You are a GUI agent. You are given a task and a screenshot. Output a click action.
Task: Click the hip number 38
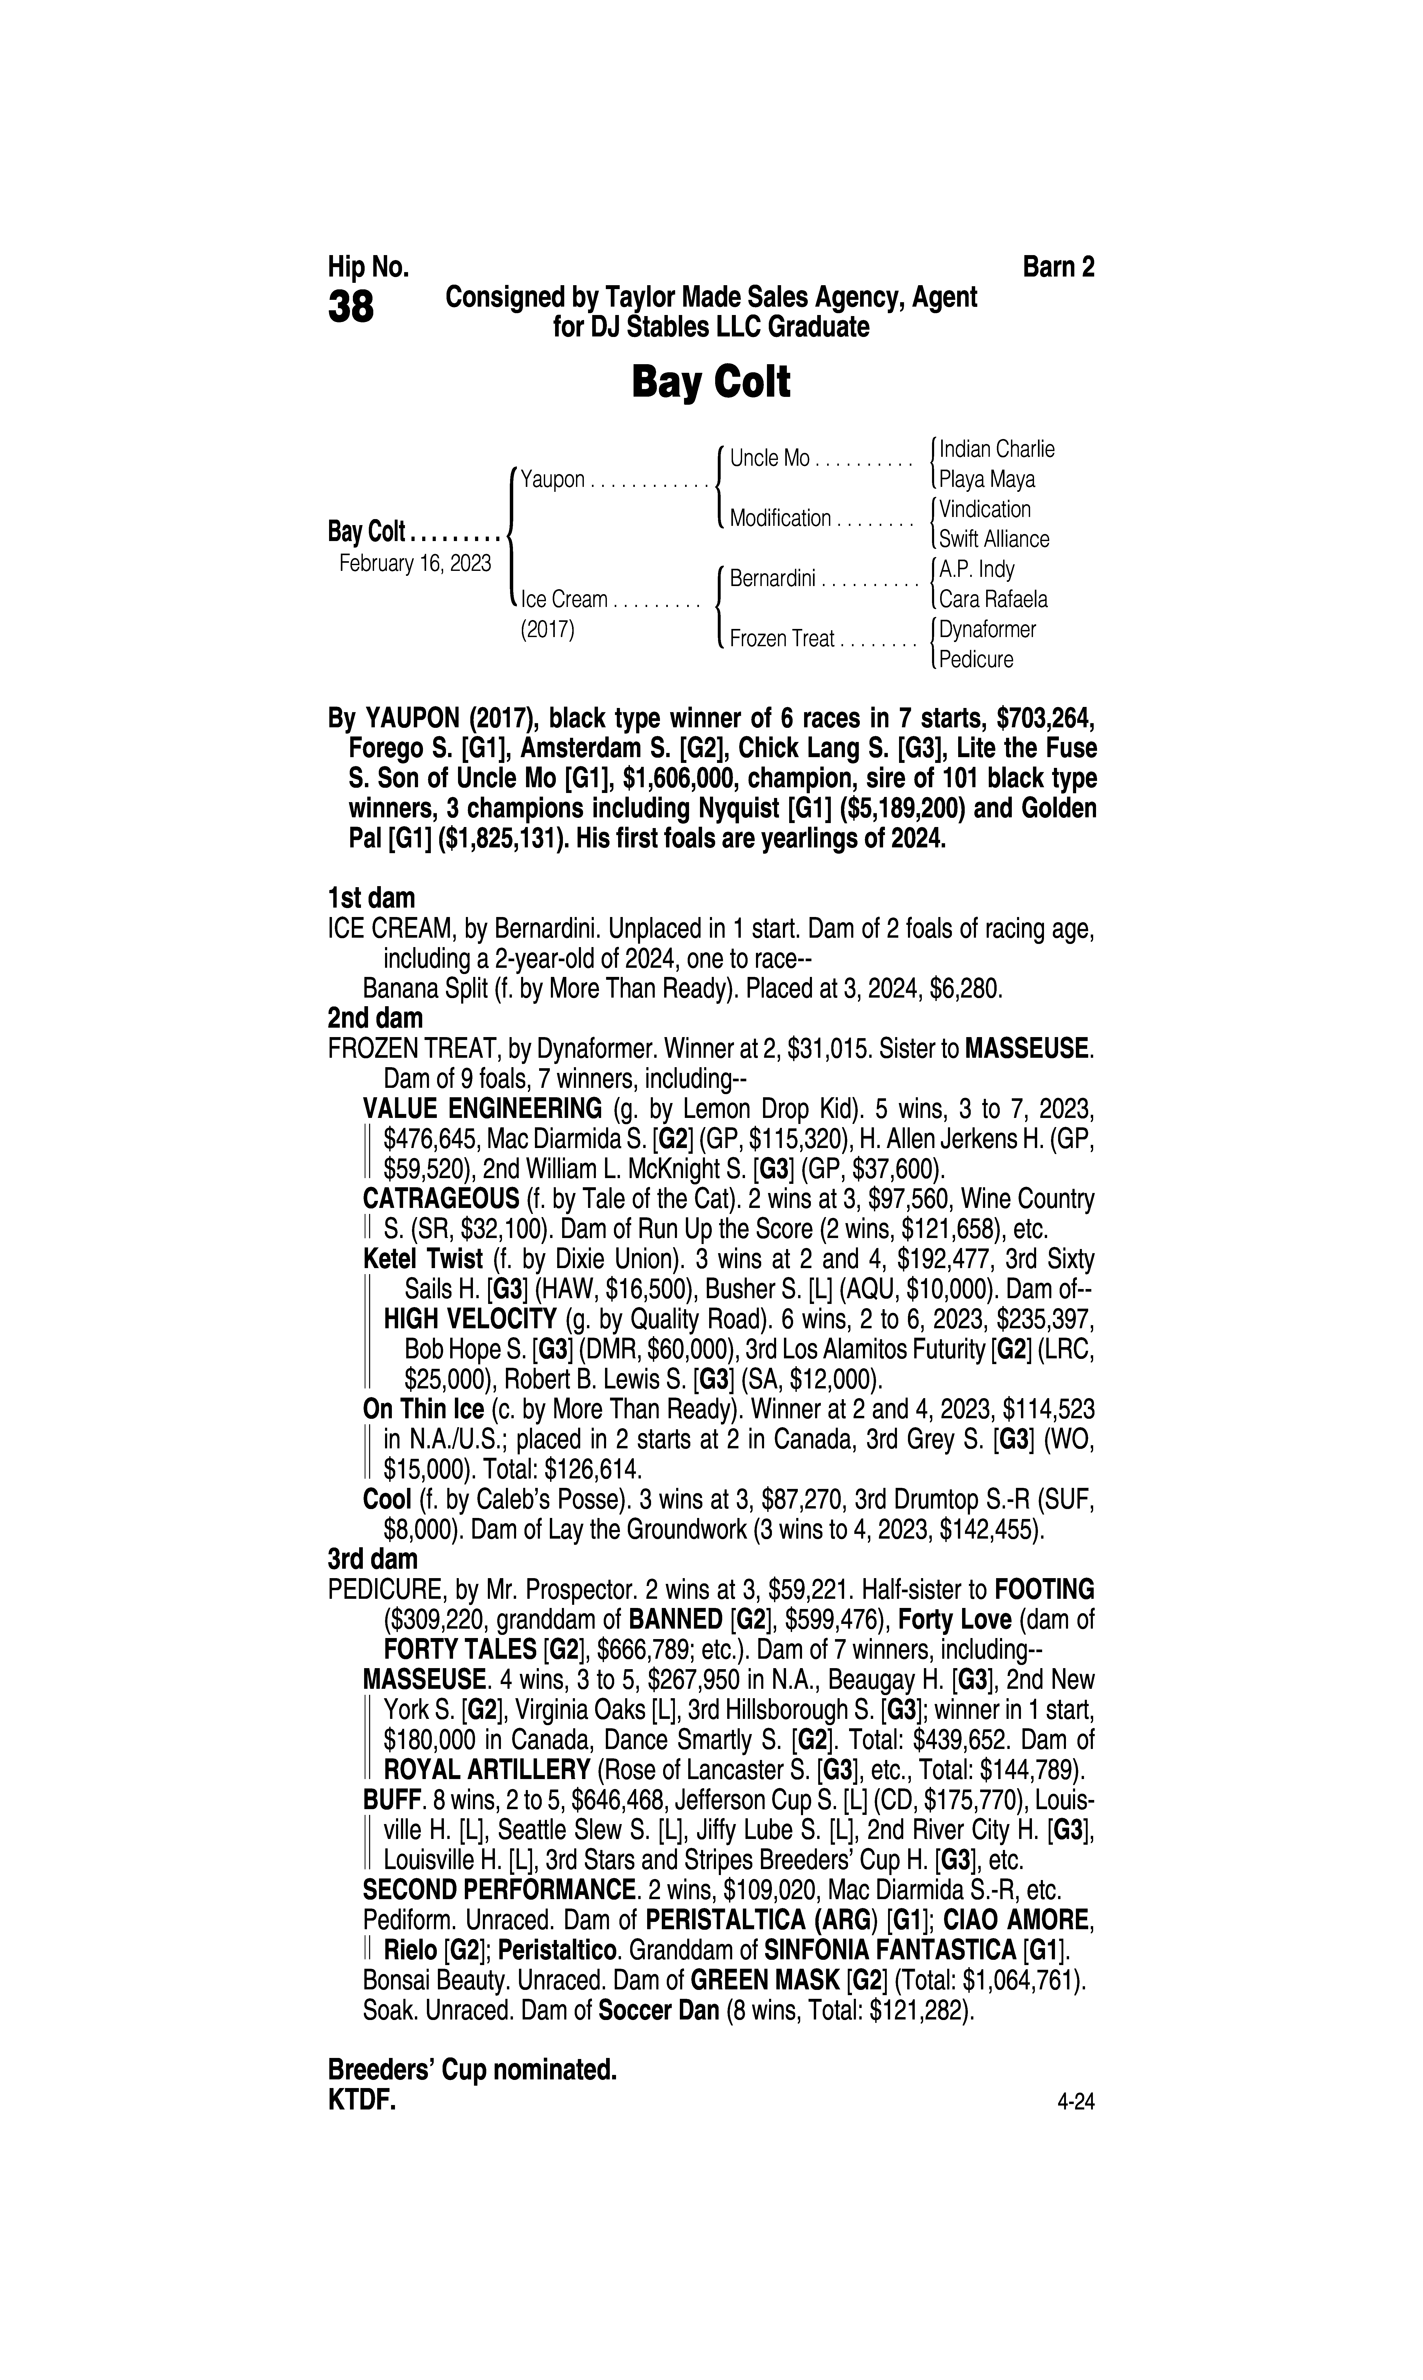click(x=351, y=308)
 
